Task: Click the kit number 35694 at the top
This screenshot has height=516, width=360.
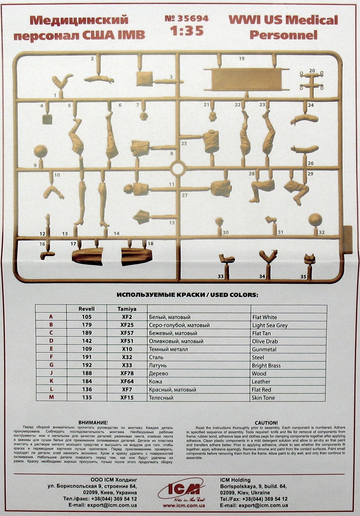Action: tap(187, 18)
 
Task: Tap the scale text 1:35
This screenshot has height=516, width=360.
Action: tap(187, 30)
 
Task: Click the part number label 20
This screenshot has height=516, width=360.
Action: tap(312, 71)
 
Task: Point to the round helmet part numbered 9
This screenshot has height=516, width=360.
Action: tap(41, 152)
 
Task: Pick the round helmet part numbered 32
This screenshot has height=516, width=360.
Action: tap(315, 220)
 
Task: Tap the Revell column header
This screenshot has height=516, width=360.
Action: tap(86, 309)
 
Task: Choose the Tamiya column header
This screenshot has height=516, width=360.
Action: tap(127, 309)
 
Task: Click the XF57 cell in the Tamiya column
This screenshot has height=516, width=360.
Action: tap(127, 333)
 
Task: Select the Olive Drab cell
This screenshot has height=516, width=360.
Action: tap(265, 341)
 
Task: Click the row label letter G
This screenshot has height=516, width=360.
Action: tap(51, 365)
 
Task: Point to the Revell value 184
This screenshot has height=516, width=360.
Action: tap(87, 381)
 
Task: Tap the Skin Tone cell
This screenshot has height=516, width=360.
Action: tap(263, 398)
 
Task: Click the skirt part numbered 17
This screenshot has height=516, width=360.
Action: tap(87, 256)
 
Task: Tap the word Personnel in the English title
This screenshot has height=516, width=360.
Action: tap(284, 35)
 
